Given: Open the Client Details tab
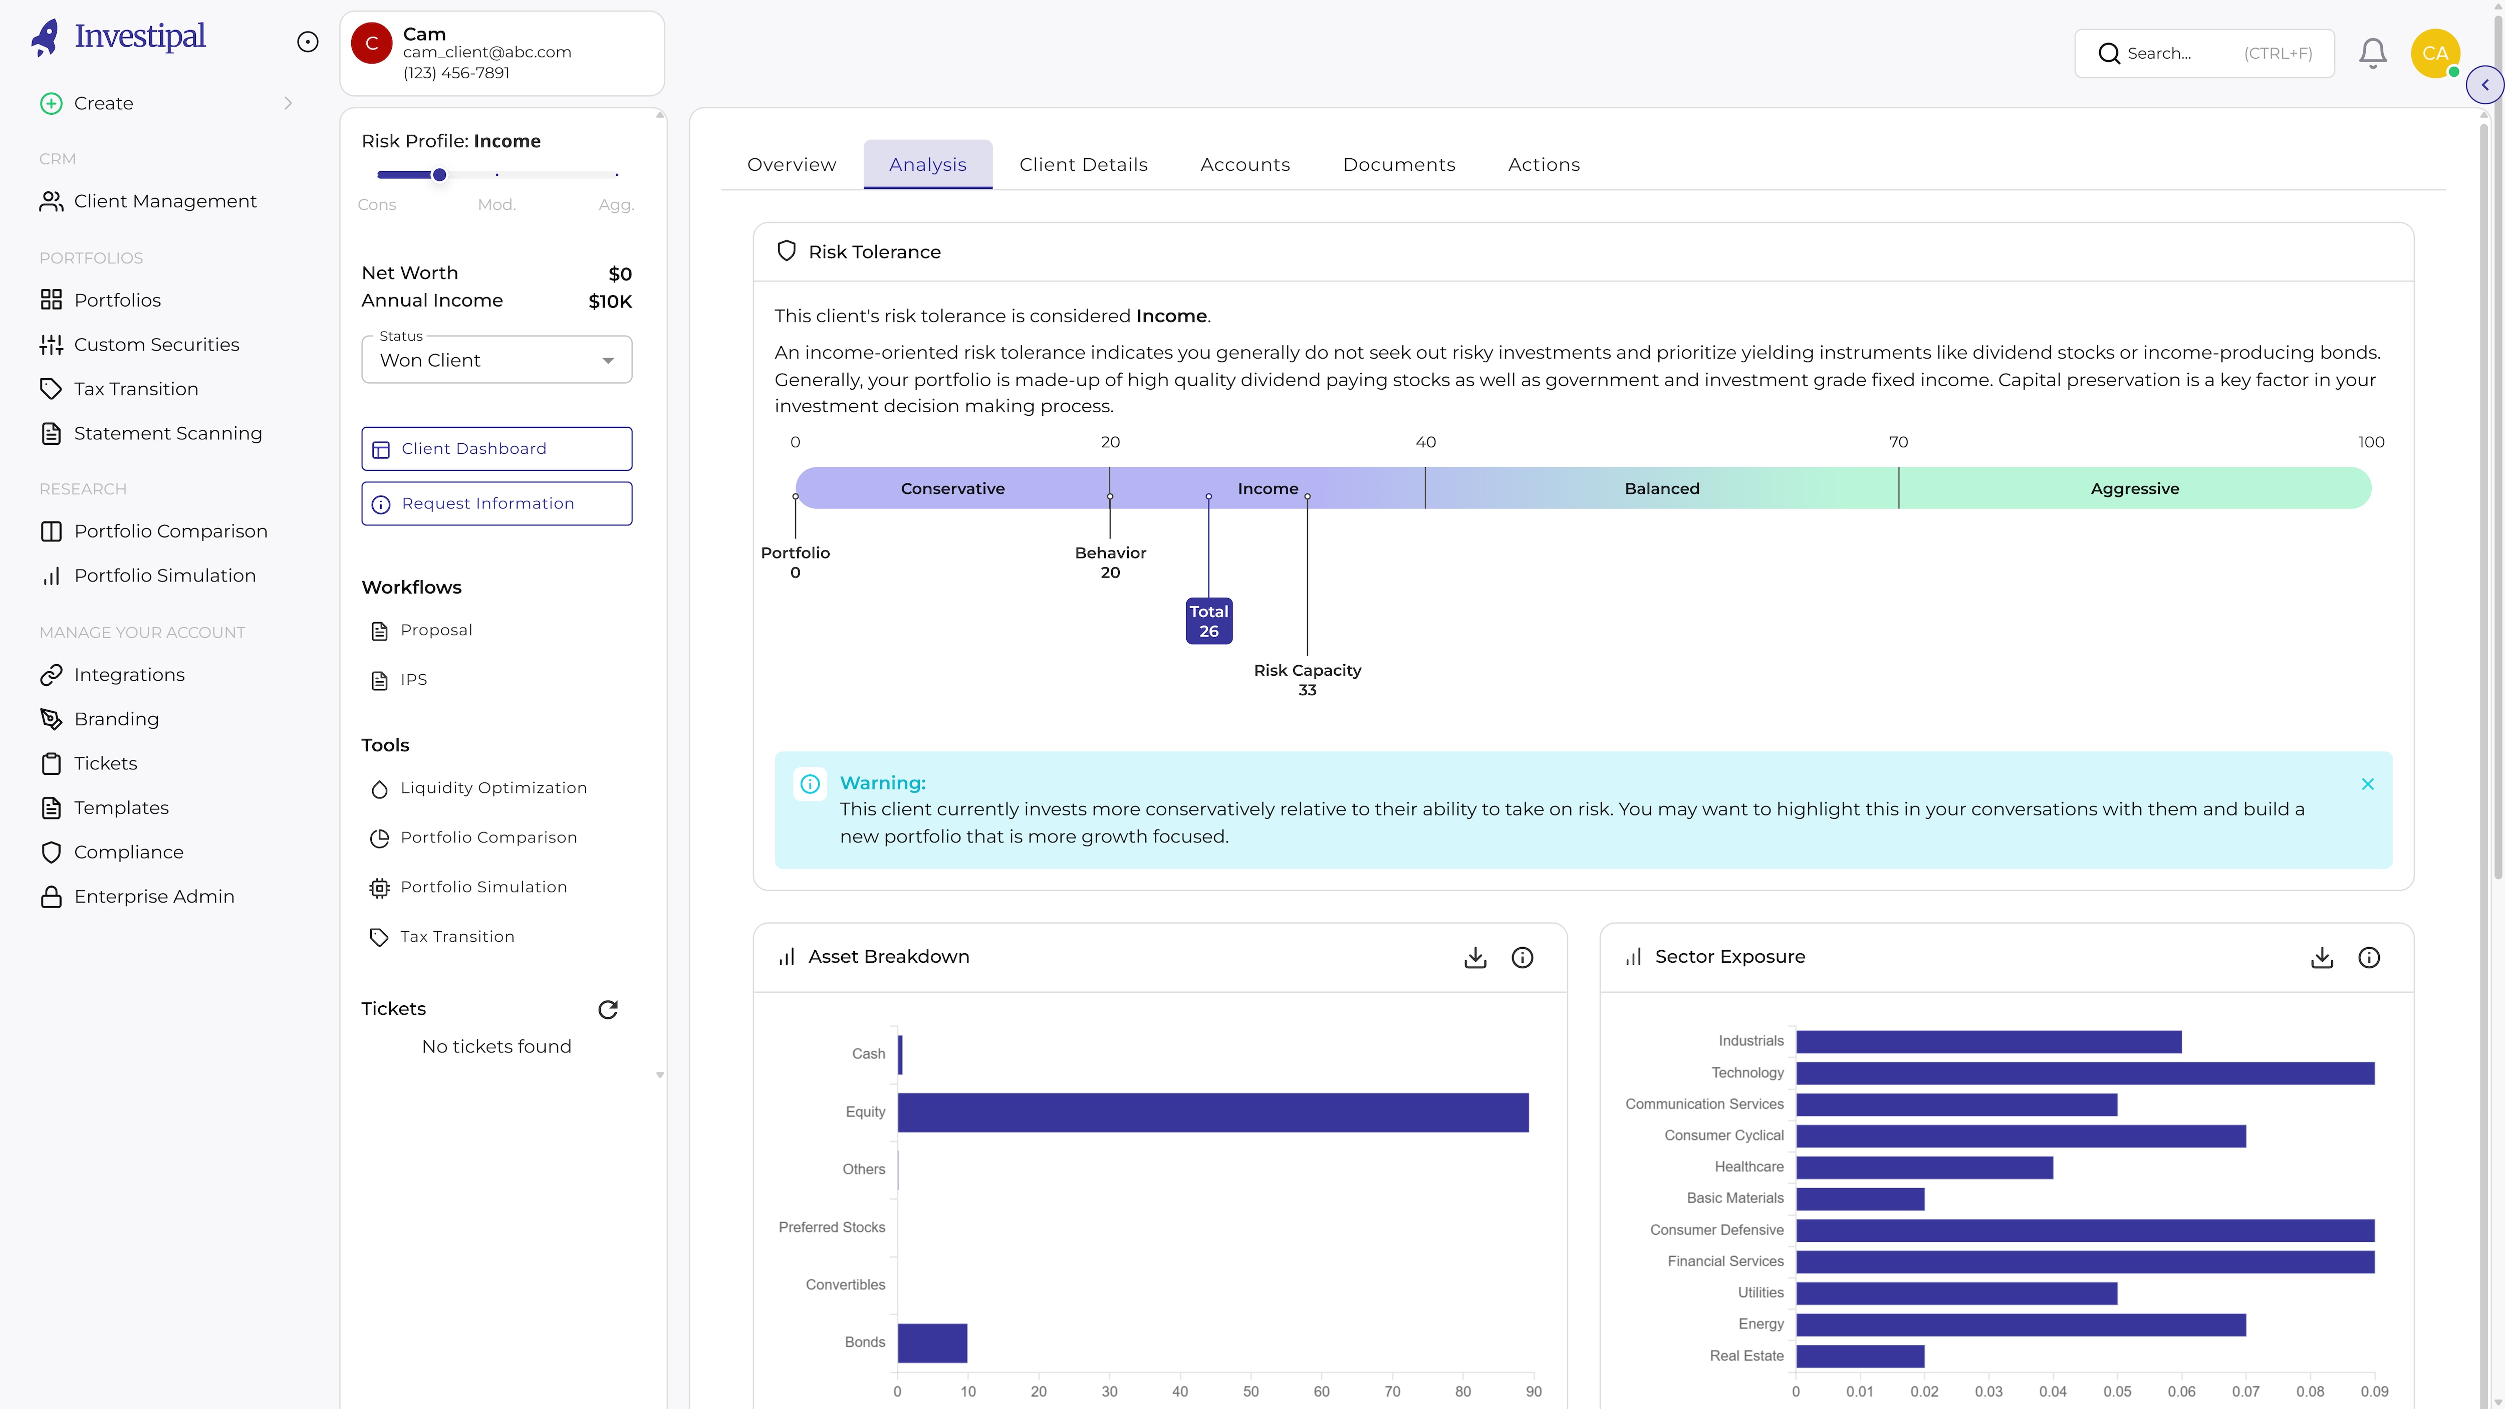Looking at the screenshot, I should click(x=1083, y=164).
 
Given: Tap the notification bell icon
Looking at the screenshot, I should click(x=2373, y=54).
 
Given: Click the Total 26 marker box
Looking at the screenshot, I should click(x=1209, y=621).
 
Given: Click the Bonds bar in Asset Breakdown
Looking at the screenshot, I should click(x=931, y=1343).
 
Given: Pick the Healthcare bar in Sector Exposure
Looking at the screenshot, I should click(x=1923, y=1167).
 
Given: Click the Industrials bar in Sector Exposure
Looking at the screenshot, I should click(x=1987, y=1041).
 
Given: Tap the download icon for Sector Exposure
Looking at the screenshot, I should click(x=2321, y=958).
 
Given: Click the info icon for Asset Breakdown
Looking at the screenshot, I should click(x=1522, y=958).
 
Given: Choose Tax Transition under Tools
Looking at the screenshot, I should click(x=457, y=937).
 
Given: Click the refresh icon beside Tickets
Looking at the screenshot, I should click(x=608, y=1009).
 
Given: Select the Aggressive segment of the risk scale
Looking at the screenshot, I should click(x=2134, y=488).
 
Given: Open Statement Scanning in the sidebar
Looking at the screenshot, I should click(x=167, y=434).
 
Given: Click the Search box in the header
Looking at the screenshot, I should click(x=2203, y=54).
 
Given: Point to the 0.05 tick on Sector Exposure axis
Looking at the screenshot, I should click(x=2117, y=1391).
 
